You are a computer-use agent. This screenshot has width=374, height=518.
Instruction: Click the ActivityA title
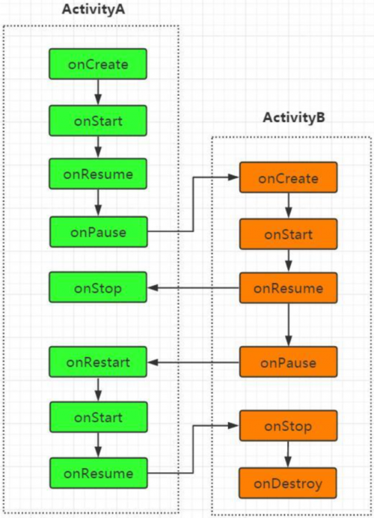click(93, 9)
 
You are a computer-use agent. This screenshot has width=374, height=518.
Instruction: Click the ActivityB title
click(294, 118)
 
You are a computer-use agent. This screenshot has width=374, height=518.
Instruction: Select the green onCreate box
click(98, 64)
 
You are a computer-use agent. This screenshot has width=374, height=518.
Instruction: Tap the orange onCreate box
click(288, 177)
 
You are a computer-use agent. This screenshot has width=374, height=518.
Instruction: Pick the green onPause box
click(99, 232)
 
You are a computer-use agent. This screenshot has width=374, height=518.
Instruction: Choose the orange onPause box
click(288, 362)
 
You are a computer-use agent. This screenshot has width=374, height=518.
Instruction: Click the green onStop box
click(98, 287)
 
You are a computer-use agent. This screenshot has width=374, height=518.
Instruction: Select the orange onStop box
click(288, 425)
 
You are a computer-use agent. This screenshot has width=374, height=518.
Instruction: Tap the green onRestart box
click(98, 362)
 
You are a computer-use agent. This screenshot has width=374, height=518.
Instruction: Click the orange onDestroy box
click(288, 483)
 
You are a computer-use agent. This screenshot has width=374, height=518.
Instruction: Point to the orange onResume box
click(288, 288)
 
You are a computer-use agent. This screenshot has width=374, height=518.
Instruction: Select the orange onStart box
click(288, 234)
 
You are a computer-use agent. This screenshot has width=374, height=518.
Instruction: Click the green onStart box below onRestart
click(99, 417)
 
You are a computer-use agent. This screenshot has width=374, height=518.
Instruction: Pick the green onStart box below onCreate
click(98, 121)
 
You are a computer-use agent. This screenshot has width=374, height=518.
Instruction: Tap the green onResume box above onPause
click(98, 174)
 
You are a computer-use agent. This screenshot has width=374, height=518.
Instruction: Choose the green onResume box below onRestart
click(99, 473)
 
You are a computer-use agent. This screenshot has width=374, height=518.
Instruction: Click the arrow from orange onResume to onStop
click(194, 288)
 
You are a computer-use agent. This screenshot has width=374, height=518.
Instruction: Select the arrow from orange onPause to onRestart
click(194, 362)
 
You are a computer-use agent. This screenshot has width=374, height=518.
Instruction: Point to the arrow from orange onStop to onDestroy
click(288, 454)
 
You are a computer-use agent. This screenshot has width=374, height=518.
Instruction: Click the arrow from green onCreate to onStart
click(98, 92)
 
